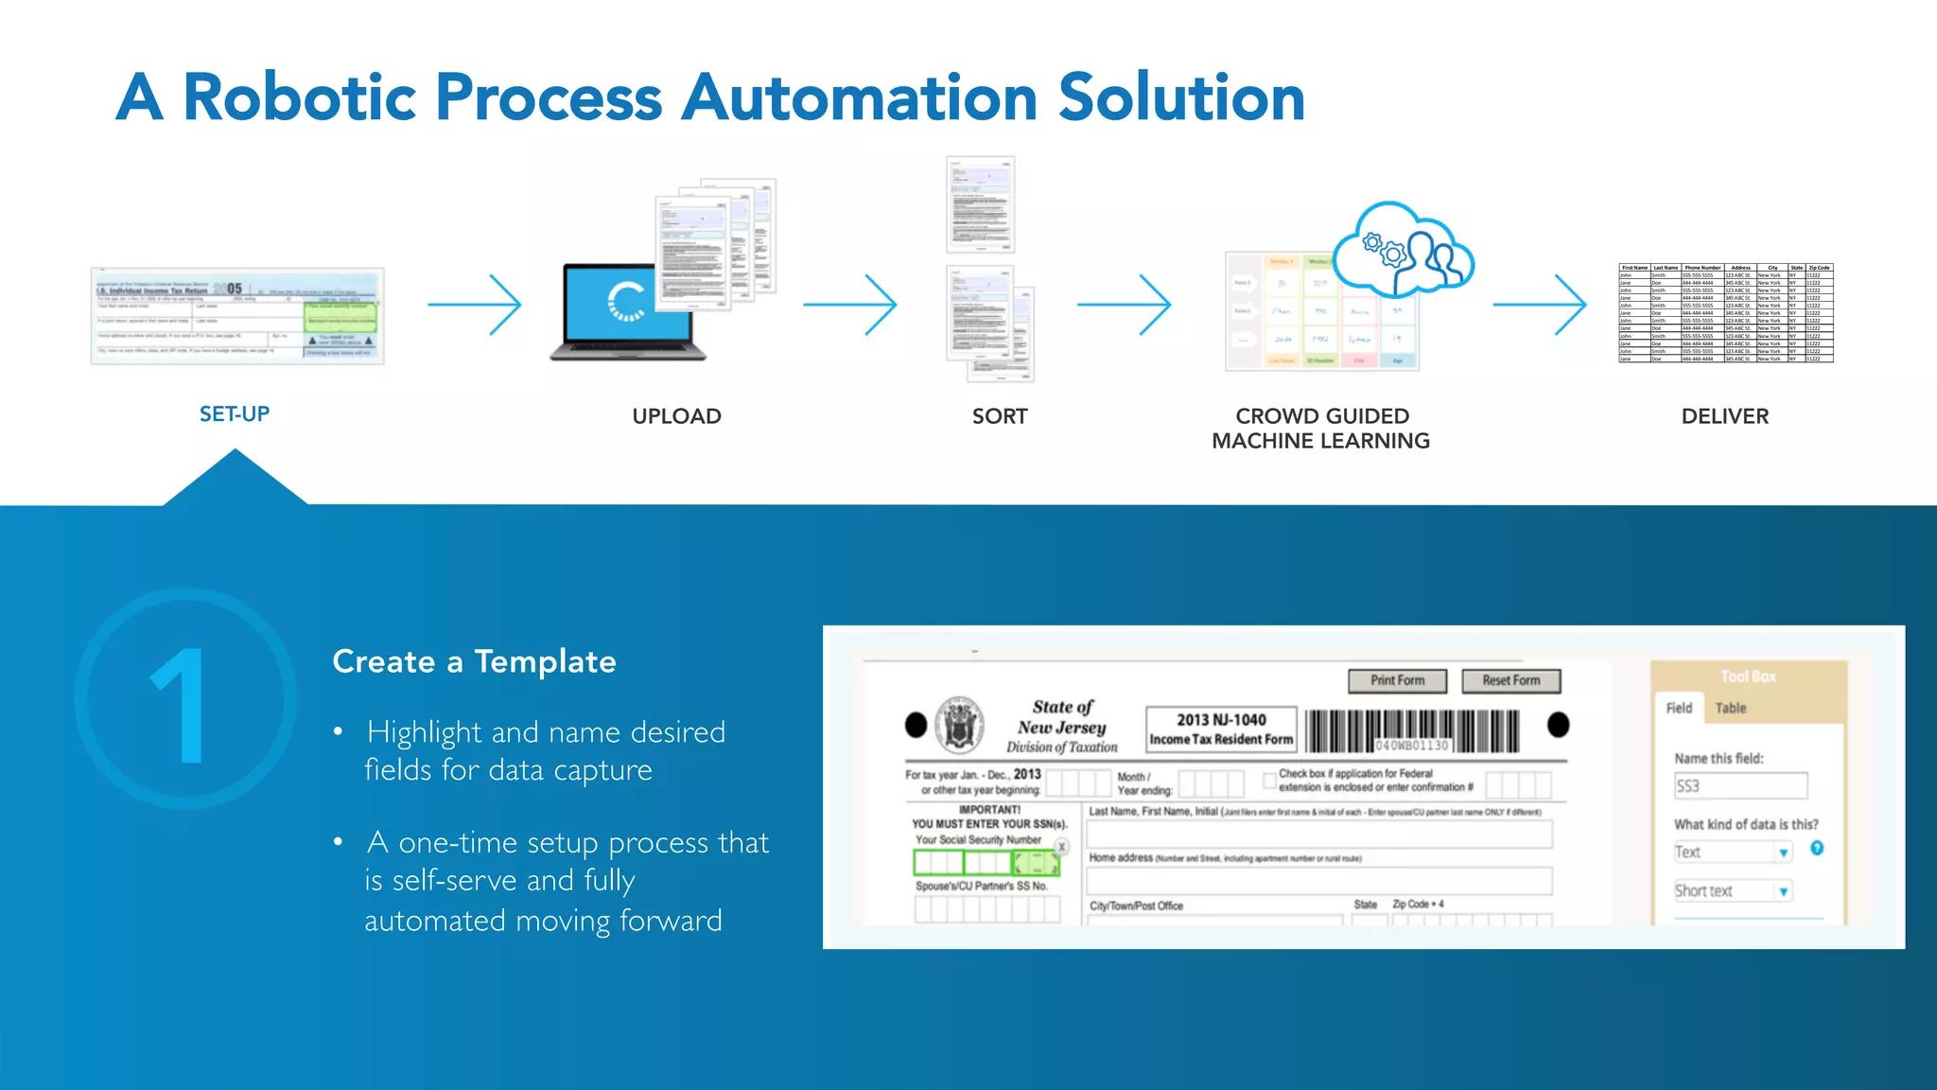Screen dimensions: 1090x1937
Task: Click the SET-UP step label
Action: [x=235, y=414]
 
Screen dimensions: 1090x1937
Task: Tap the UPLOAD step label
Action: [x=676, y=416]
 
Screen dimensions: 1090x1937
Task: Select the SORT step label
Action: [x=1000, y=416]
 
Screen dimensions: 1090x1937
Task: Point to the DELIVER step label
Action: [x=1724, y=416]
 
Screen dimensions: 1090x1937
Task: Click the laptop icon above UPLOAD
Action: [x=628, y=312]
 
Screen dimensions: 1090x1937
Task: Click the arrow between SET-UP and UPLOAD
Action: [x=474, y=305]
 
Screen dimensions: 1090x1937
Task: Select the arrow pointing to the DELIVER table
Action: [x=1539, y=305]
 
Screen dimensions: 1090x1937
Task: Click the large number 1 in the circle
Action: [x=183, y=704]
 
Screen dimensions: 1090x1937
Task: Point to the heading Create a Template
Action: [x=474, y=661]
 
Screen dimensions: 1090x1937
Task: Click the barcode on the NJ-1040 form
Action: [x=1413, y=730]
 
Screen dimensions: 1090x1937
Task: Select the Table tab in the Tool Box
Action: [x=1731, y=708]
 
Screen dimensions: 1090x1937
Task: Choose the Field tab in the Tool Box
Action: [x=1679, y=708]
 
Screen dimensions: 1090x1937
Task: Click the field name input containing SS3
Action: [x=1739, y=786]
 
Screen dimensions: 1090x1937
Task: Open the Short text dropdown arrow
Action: [x=1783, y=891]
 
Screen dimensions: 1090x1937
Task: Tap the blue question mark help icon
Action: [x=1817, y=848]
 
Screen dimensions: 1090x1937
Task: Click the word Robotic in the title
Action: [x=299, y=97]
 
